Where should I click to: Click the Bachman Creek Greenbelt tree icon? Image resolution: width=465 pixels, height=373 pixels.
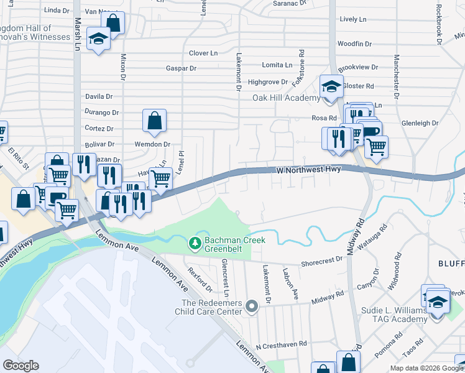[195, 243]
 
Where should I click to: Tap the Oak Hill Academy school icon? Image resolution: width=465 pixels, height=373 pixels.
[331, 86]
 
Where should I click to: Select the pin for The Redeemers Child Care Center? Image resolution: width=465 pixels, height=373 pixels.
[251, 306]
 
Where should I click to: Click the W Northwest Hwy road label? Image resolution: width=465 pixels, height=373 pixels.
[309, 169]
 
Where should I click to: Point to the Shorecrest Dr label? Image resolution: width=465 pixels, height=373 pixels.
[322, 263]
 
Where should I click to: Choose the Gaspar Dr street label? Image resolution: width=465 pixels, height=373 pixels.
[182, 68]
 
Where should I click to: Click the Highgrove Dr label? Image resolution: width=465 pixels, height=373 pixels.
[267, 81]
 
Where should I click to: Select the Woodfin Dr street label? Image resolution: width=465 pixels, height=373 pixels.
[354, 44]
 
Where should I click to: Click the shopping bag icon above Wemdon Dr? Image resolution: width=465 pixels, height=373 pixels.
[154, 121]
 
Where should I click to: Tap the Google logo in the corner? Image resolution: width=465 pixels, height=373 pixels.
[21, 366]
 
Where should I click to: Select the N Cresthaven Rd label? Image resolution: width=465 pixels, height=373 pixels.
[282, 343]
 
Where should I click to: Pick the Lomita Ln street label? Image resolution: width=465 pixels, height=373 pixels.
[277, 65]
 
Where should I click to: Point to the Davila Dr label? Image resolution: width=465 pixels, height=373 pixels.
[99, 96]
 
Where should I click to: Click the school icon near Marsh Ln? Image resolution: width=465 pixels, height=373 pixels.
[98, 40]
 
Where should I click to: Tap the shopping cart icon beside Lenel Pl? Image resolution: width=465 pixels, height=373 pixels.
[161, 178]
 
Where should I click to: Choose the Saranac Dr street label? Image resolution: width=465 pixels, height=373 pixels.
[290, 3]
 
